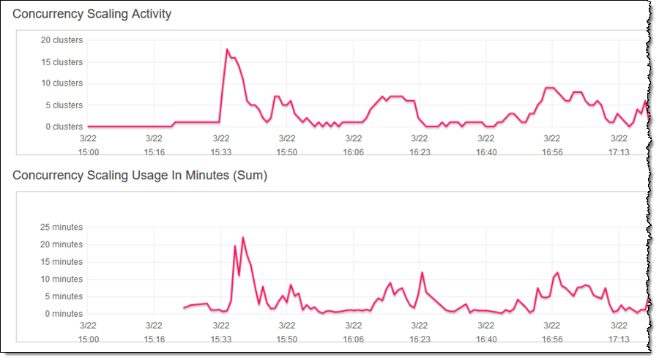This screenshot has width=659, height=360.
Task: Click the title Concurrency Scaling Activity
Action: click(x=92, y=14)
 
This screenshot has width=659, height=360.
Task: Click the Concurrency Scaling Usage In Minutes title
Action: click(x=140, y=176)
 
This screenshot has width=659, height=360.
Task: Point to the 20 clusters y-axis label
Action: click(x=62, y=40)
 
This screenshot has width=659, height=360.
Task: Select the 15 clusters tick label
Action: click(x=62, y=62)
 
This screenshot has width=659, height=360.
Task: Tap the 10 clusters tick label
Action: click(x=62, y=83)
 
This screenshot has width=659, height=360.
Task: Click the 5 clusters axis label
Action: click(x=64, y=105)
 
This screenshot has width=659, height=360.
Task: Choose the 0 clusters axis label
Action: click(x=64, y=127)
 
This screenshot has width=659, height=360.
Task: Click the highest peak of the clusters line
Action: click(x=227, y=49)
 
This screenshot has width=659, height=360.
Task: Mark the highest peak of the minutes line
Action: click(x=242, y=237)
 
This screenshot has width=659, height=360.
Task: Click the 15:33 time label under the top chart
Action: click(x=221, y=152)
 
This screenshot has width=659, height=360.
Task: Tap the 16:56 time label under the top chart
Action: click(x=553, y=152)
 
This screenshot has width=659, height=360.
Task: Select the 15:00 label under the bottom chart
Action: click(x=88, y=340)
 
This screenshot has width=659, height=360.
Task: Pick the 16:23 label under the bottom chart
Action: click(x=420, y=340)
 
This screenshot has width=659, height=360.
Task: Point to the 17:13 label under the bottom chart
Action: click(x=619, y=340)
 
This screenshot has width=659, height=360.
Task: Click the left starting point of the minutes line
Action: click(x=184, y=308)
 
